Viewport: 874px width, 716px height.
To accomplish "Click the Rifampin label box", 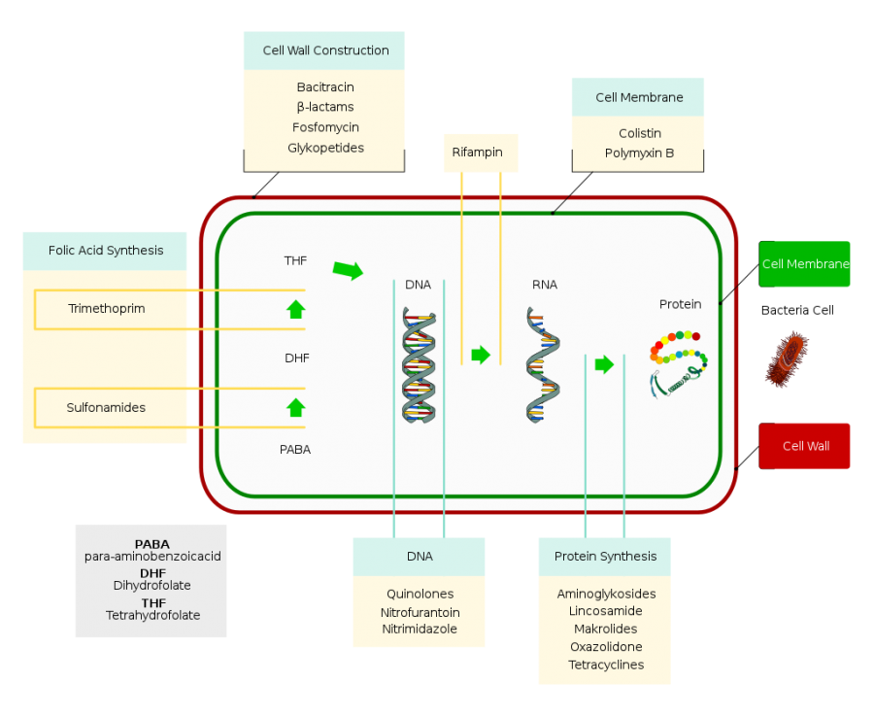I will [477, 153].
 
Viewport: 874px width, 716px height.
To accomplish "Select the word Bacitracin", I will [325, 87].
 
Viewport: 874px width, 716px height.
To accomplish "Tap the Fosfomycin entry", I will [325, 127].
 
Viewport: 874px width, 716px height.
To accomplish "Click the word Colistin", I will [639, 133].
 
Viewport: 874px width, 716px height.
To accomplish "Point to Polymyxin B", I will [639, 153].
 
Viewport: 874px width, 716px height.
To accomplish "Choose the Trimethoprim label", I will [107, 309].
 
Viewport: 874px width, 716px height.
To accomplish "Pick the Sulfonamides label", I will [106, 408].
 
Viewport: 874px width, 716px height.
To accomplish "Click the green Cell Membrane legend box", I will [805, 264].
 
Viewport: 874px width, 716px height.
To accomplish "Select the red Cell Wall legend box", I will [805, 446].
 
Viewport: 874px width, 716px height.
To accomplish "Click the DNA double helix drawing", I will [419, 367].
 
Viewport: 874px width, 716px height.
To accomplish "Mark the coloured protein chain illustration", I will [678, 361].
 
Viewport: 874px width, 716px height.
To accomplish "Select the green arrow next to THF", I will [348, 270].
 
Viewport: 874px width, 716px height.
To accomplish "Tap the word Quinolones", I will [420, 594].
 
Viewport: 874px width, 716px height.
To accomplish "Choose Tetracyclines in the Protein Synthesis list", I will [606, 665].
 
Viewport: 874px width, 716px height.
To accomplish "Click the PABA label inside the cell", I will [295, 450].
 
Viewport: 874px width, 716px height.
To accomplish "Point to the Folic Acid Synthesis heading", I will [106, 251].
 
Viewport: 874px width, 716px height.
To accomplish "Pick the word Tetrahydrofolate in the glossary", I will [152, 615].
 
